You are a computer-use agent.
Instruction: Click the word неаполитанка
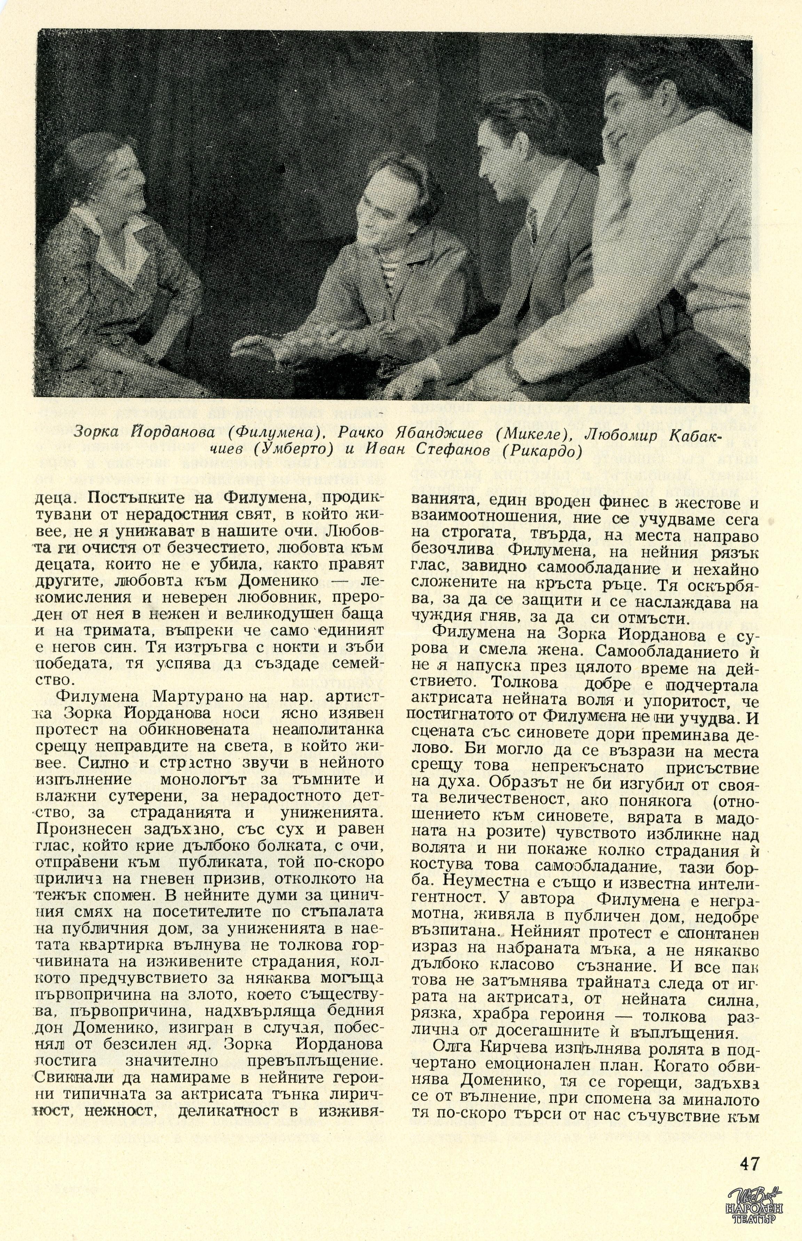click(328, 729)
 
